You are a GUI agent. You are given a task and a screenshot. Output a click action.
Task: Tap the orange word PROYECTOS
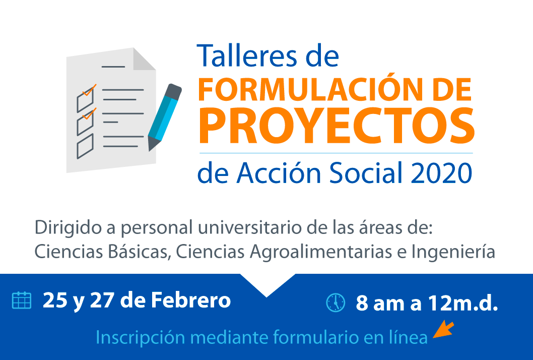pyautogui.click(x=337, y=126)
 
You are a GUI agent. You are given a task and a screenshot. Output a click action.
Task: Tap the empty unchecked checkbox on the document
pyautogui.click(x=85, y=146)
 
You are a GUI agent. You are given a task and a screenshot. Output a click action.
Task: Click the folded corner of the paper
pyautogui.click(x=144, y=59)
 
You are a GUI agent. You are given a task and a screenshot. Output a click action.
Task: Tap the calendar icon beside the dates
pyautogui.click(x=22, y=301)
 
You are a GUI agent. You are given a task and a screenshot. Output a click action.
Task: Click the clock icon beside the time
pyautogui.click(x=336, y=303)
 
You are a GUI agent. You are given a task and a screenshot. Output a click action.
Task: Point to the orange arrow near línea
pyautogui.click(x=444, y=329)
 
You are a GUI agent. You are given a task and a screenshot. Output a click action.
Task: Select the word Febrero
pyautogui.click(x=191, y=301)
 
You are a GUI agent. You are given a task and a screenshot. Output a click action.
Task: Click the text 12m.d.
pyautogui.click(x=463, y=303)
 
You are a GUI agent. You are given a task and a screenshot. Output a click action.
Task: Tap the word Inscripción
pyautogui.click(x=141, y=337)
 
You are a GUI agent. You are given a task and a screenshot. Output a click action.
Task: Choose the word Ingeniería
pyautogui.click(x=453, y=252)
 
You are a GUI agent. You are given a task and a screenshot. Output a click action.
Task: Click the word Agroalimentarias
pyautogui.click(x=321, y=252)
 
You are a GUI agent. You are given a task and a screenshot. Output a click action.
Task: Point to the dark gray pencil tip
pyautogui.click(x=152, y=144)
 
